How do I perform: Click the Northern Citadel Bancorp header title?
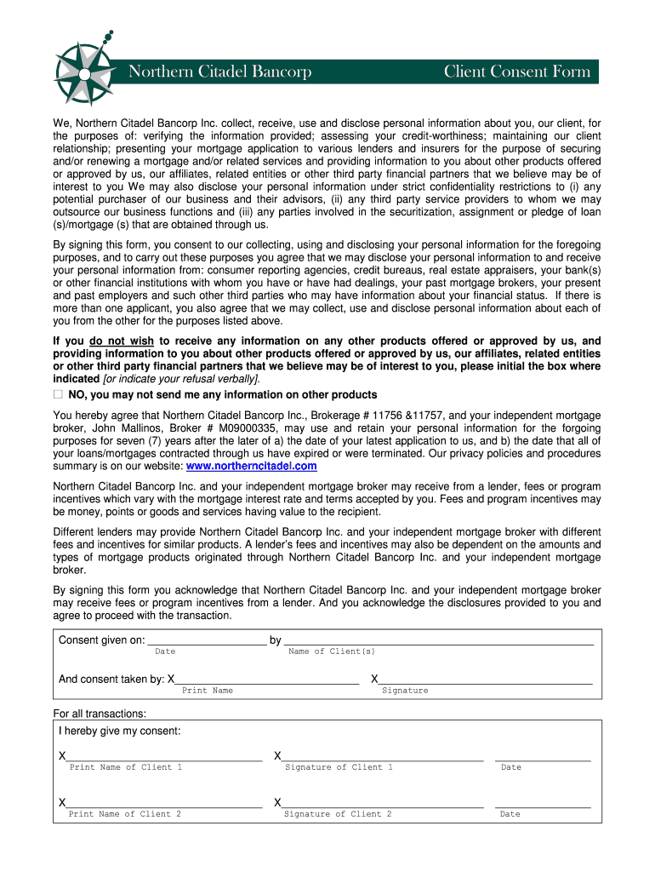click(x=219, y=72)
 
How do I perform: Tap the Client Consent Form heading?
click(x=516, y=72)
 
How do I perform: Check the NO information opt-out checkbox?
click(x=58, y=395)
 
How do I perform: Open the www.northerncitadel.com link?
click(x=251, y=467)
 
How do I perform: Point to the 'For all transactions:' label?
click(x=100, y=714)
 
